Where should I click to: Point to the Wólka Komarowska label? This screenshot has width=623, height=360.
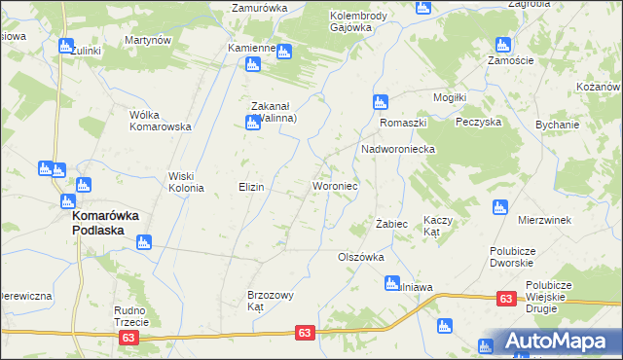[160, 120]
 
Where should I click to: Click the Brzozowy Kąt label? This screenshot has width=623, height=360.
[271, 300]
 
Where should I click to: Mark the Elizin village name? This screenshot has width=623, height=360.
[252, 186]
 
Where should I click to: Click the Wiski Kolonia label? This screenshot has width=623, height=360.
[185, 182]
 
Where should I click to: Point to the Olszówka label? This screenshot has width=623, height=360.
[360, 258]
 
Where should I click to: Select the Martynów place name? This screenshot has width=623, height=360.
[148, 41]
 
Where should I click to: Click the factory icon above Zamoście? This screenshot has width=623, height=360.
[503, 45]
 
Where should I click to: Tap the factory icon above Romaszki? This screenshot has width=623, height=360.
[381, 101]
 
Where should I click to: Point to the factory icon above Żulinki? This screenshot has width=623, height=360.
[66, 46]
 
